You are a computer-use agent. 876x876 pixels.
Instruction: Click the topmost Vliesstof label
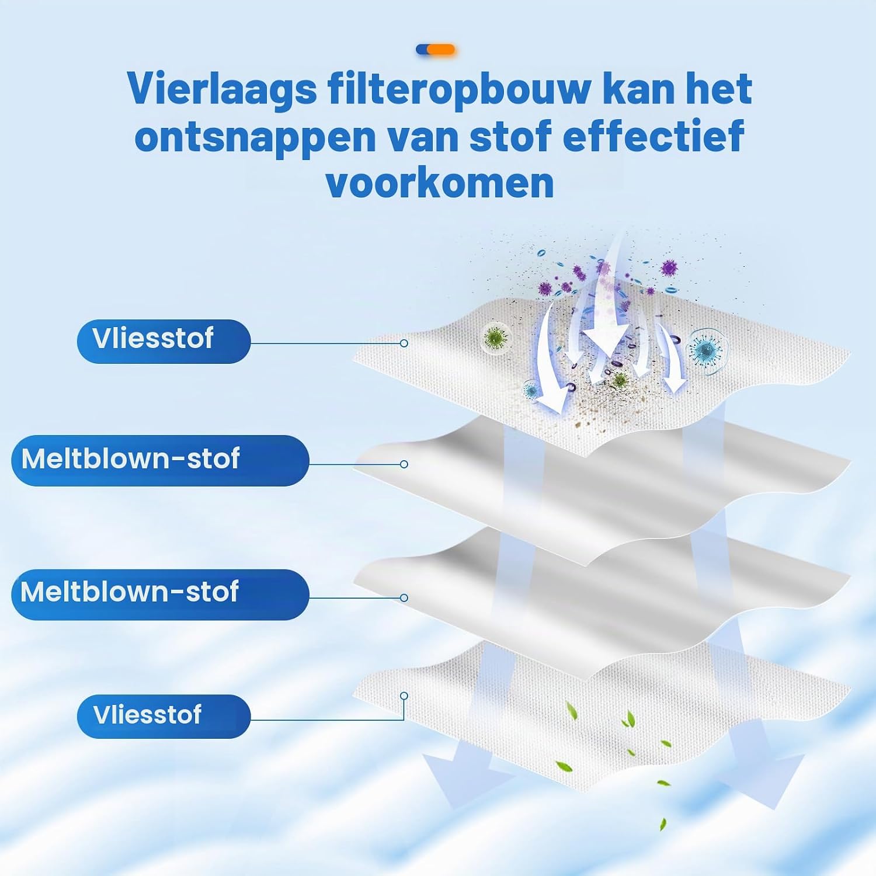[164, 342]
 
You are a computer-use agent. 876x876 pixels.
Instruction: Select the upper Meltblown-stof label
[160, 460]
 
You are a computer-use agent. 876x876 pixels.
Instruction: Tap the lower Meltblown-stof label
[160, 595]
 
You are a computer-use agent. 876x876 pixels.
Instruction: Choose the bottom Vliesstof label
[164, 716]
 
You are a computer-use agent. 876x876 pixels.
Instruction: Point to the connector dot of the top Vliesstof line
[404, 343]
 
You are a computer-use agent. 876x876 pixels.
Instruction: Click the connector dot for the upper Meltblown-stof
[404, 464]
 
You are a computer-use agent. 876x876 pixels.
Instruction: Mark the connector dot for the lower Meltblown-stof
[404, 598]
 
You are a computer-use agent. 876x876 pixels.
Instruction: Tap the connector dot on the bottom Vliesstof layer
[404, 696]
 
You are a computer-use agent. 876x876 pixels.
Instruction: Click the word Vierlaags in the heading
[222, 90]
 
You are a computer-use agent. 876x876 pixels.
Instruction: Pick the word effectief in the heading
[653, 135]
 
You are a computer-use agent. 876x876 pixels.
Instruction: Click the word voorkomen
[440, 183]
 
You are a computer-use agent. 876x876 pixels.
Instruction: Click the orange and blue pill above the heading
[435, 50]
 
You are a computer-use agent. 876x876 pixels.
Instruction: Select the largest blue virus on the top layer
[707, 350]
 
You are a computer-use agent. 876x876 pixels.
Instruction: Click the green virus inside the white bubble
[496, 337]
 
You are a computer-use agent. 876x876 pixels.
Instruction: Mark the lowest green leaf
[663, 824]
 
